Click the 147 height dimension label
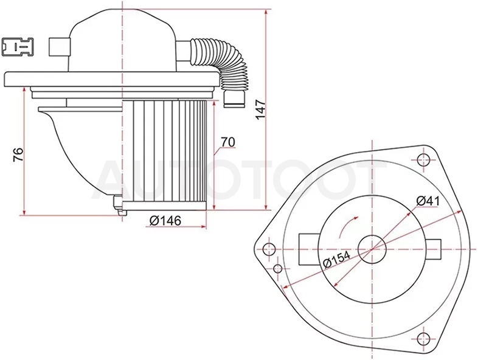[261, 109]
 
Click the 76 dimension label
[18, 154]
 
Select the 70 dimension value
[228, 142]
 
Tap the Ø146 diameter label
[165, 220]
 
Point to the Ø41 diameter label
[428, 201]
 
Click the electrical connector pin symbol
[17, 47]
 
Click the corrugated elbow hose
[223, 63]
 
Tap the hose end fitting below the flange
[234, 99]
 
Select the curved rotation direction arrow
[347, 226]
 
